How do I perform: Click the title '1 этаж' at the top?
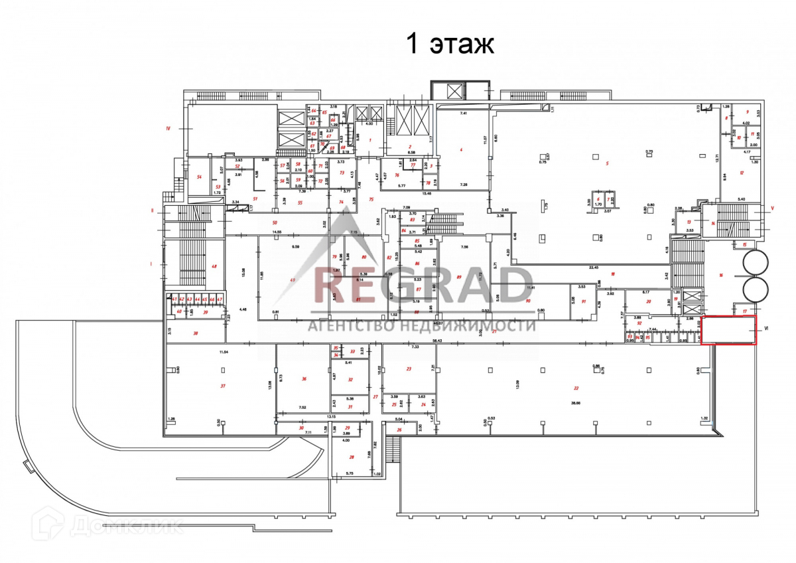click(450, 44)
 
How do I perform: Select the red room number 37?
click(223, 385)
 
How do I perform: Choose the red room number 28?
click(351, 457)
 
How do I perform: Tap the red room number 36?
click(304, 379)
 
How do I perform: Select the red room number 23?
click(409, 368)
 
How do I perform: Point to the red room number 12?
click(742, 173)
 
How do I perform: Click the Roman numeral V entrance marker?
click(772, 208)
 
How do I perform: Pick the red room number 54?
click(199, 177)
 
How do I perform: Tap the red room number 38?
click(195, 333)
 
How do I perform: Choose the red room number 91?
click(584, 301)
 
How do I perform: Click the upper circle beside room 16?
click(757, 264)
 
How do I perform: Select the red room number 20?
click(648, 301)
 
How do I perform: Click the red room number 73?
click(342, 173)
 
